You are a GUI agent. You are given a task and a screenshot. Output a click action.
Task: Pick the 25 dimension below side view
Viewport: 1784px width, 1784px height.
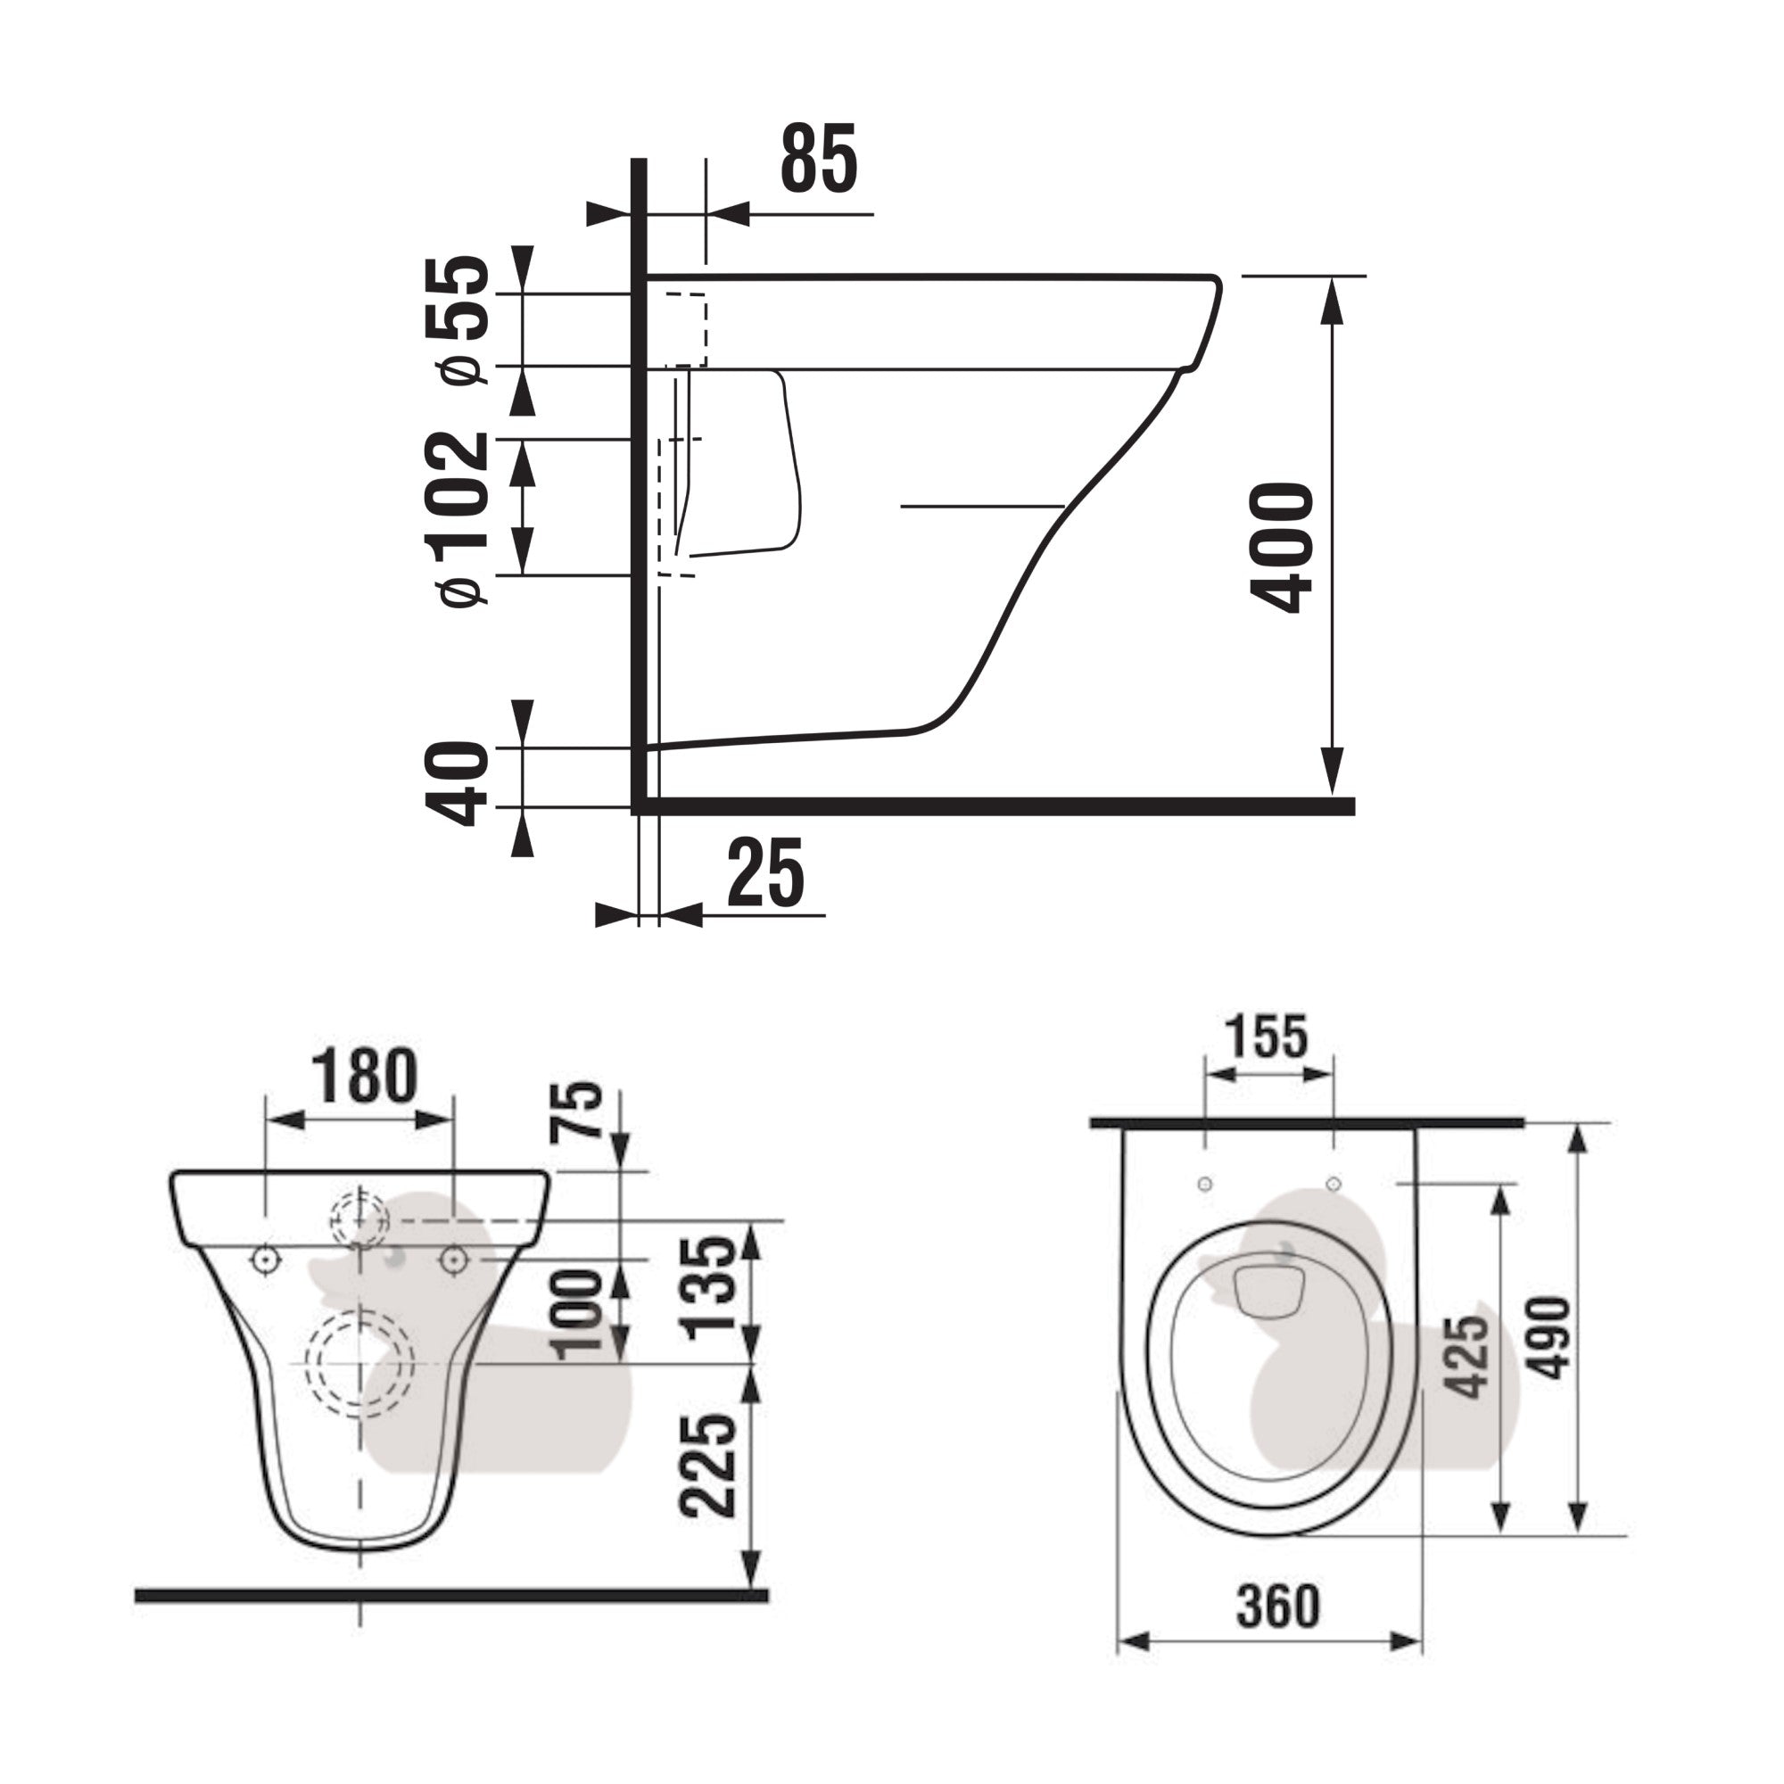(764, 873)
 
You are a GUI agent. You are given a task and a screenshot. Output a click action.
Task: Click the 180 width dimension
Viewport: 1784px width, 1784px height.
(364, 1077)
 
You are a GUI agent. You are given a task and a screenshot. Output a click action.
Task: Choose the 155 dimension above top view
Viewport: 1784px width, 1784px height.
(1267, 1036)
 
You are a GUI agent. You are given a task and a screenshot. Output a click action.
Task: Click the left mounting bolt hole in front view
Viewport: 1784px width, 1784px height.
(266, 1259)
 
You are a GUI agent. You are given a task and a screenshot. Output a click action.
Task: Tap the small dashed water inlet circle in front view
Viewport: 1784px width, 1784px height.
(360, 1219)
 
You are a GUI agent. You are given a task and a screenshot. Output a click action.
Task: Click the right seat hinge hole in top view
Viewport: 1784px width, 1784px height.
(1333, 1184)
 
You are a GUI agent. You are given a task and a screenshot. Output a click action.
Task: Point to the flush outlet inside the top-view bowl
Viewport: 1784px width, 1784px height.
(1268, 1292)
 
